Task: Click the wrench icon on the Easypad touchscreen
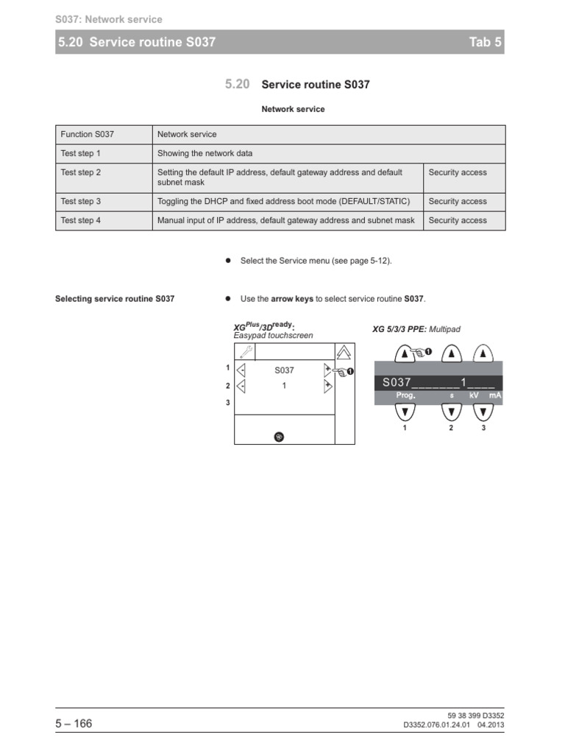244,353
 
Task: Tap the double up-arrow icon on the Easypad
344,353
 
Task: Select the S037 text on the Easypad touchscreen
284,370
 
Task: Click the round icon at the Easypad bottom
279,437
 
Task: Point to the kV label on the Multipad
474,396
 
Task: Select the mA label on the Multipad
494,396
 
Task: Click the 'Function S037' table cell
87,135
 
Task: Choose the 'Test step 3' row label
80,201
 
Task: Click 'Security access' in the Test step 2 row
457,172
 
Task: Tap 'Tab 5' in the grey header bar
485,43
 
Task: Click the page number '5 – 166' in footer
74,724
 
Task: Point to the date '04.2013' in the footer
491,725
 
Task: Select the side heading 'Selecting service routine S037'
115,299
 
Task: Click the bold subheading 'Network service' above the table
293,109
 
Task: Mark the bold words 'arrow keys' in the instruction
292,299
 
